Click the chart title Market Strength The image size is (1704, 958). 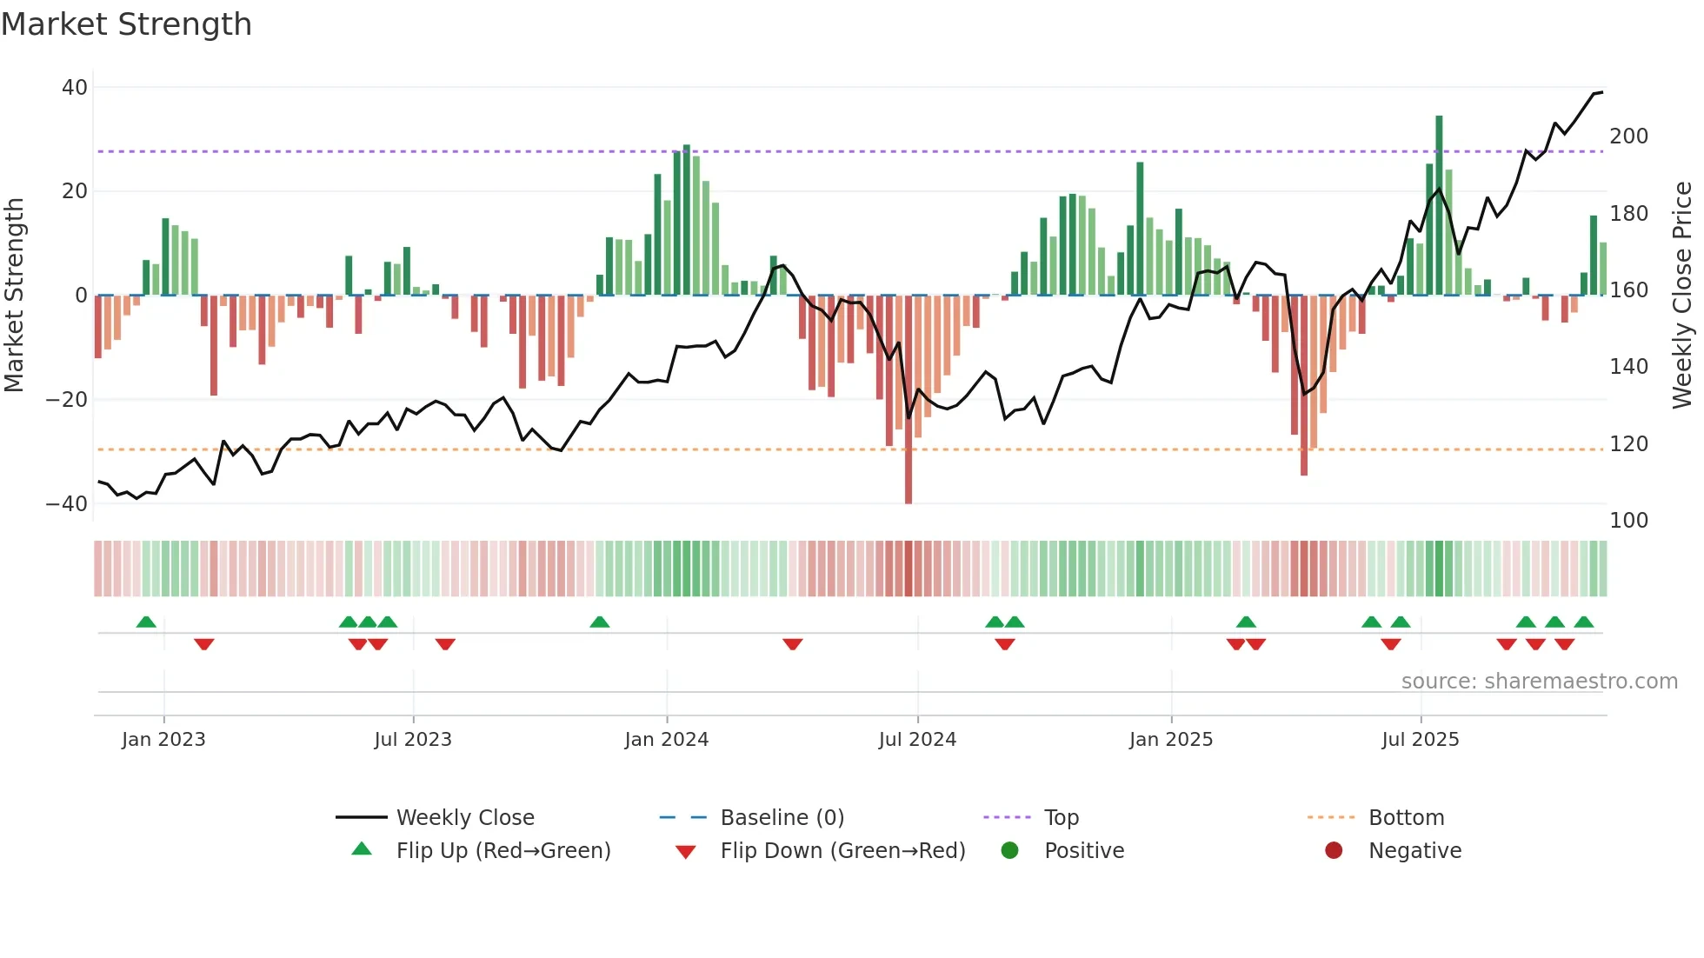tap(126, 24)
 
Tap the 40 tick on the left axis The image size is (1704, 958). tap(75, 88)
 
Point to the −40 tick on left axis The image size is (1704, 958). tap(67, 504)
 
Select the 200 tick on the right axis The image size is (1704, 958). tap(1628, 136)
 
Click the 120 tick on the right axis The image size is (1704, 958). tap(1628, 444)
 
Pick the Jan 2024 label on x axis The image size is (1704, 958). tap(666, 740)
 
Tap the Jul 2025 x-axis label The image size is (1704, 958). tap(1420, 740)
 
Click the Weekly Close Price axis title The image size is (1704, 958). tap(1682, 296)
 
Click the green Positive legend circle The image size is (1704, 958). tap(1009, 851)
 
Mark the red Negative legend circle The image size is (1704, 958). tap(1334, 851)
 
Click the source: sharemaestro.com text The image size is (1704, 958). tap(1539, 682)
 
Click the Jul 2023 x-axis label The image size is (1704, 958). tap(413, 740)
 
